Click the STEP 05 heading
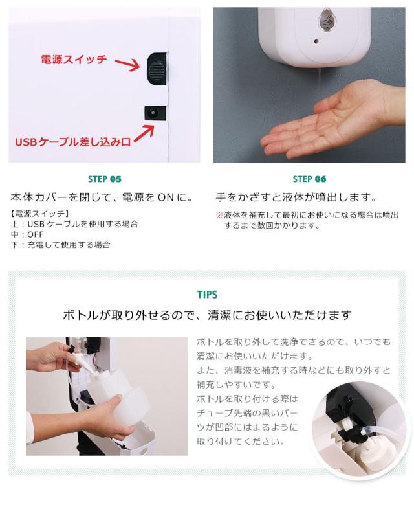[x=104, y=179]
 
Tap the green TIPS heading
[x=207, y=295]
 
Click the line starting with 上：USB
[x=74, y=223]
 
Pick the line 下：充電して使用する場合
[x=61, y=244]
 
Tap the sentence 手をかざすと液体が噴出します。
[x=296, y=197]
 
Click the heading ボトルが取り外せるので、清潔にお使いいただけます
[x=207, y=315]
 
